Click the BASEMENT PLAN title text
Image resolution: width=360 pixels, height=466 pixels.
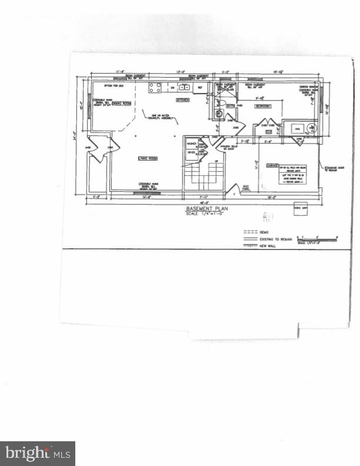pyautogui.click(x=206, y=209)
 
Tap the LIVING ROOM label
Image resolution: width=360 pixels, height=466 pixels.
pyautogui.click(x=146, y=158)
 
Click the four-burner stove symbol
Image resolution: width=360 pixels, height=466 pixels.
pyautogui.click(x=155, y=88)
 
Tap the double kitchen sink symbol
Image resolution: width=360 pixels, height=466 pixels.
pyautogui.click(x=184, y=88)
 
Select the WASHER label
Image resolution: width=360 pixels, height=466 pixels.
pyautogui.click(x=191, y=144)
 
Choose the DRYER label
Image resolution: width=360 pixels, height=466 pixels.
pyautogui.click(x=191, y=152)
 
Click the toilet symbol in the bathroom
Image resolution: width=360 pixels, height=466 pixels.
pyautogui.click(x=219, y=115)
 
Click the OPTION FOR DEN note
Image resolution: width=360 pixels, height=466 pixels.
pyautogui.click(x=109, y=86)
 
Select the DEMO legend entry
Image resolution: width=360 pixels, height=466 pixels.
pyautogui.click(x=264, y=232)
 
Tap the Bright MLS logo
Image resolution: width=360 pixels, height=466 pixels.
pyautogui.click(x=38, y=453)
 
